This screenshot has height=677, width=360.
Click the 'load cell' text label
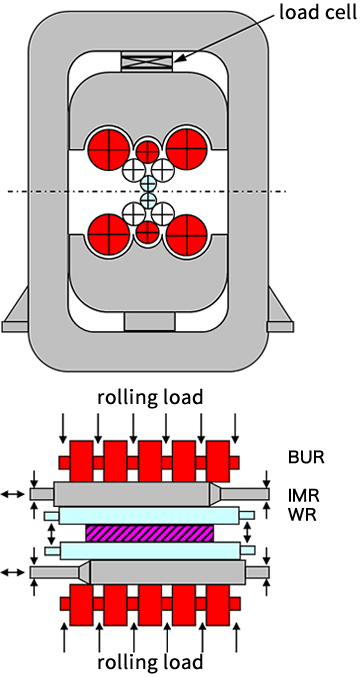[x=319, y=13]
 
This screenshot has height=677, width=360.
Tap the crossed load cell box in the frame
[x=147, y=61]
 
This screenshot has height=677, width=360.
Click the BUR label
[x=306, y=457]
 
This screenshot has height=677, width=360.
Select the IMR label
[x=304, y=496]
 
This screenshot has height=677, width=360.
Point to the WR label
[x=303, y=515]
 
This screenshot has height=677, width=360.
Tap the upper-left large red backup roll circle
[x=109, y=149]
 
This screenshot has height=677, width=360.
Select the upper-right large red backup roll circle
[x=187, y=149]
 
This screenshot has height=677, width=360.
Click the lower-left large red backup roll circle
[x=109, y=234]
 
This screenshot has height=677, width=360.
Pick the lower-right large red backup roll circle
[x=187, y=234]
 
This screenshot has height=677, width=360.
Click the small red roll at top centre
[x=148, y=152]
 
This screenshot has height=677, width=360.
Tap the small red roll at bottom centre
[x=148, y=231]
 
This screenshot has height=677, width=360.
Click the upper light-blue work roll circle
[x=148, y=183]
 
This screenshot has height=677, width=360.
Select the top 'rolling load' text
[x=150, y=398]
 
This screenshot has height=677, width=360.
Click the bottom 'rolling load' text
[x=150, y=661]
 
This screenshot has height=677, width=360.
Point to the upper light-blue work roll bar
[x=149, y=515]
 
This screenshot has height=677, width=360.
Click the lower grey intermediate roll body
[x=167, y=572]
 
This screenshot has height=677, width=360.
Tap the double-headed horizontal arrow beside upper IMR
[x=13, y=494]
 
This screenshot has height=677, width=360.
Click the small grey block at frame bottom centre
[x=149, y=322]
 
